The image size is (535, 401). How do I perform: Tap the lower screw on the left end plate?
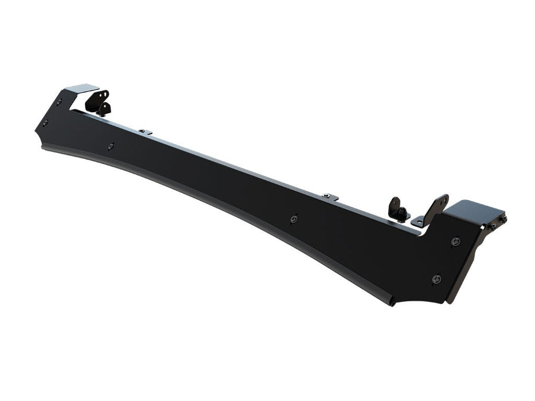pos(45,123)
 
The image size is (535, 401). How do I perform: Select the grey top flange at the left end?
pos(81,89)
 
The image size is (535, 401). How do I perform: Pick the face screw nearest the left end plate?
pos(111,146)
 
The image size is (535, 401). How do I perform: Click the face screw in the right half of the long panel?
pos(294,218)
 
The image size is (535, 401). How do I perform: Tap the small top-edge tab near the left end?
pos(146,132)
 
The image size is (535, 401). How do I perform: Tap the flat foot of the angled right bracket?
pos(420,219)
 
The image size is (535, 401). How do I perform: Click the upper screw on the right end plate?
pos(455,241)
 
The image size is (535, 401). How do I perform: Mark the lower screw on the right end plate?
pos(436,278)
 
